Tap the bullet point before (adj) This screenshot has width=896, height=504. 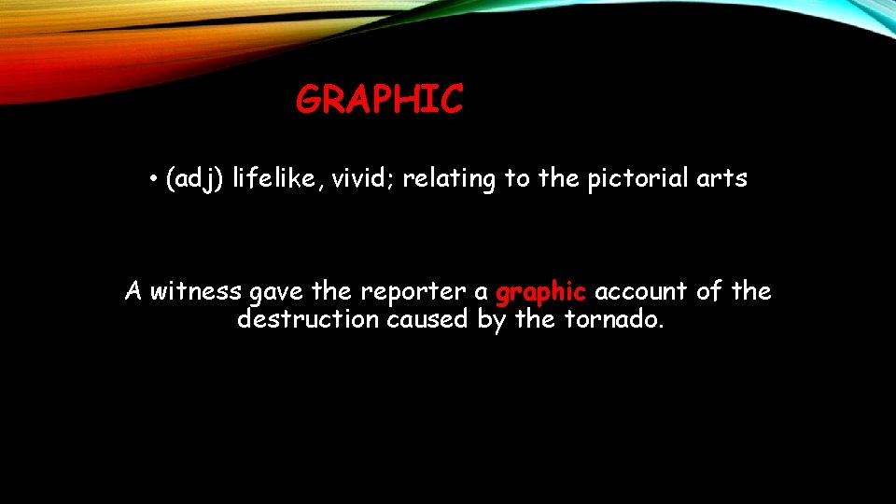pyautogui.click(x=151, y=179)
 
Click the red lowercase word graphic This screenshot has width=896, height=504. pyautogui.click(x=540, y=293)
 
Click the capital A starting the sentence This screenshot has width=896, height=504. pyautogui.click(x=133, y=291)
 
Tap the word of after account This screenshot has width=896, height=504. pyautogui.click(x=709, y=291)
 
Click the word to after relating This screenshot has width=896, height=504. pyautogui.click(x=517, y=179)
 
